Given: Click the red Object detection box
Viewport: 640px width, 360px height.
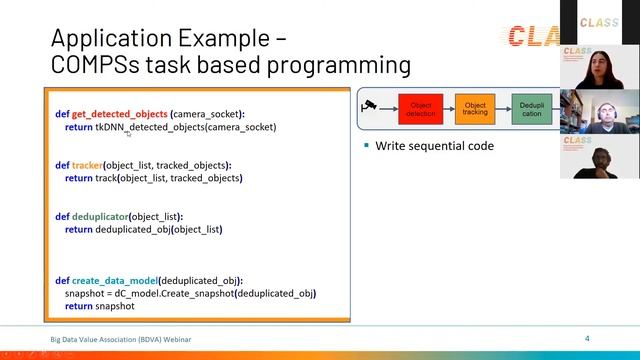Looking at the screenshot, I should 420,109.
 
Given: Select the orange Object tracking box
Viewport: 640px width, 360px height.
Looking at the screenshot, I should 475,109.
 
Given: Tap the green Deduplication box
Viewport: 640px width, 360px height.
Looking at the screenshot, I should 531,109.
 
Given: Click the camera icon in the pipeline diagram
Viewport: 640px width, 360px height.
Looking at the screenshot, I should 371,105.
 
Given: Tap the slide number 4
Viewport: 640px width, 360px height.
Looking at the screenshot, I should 587,339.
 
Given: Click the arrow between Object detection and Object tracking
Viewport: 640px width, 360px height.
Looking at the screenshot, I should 448,109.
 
